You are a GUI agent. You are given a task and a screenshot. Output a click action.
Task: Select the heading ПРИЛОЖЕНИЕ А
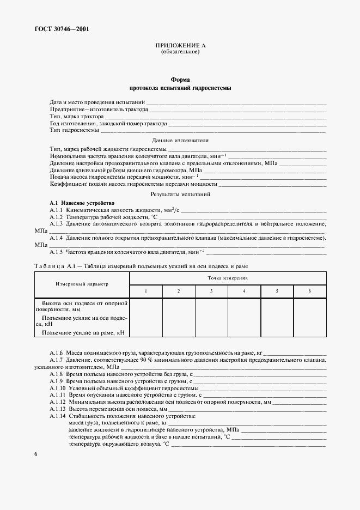[180, 46]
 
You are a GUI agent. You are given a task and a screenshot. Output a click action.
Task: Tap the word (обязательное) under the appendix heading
[180, 52]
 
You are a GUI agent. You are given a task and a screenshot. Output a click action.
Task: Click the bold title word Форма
[180, 80]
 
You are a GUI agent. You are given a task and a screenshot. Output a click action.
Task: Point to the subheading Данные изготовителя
[180, 140]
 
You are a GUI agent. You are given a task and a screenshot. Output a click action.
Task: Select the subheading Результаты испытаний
[180, 194]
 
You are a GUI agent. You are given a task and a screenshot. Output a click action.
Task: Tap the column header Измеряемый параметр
[82, 284]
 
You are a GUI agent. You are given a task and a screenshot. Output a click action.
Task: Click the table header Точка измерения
[228, 277]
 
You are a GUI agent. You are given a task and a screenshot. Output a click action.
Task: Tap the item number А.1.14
[57, 416]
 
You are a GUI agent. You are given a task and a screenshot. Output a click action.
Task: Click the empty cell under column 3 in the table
[211, 317]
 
